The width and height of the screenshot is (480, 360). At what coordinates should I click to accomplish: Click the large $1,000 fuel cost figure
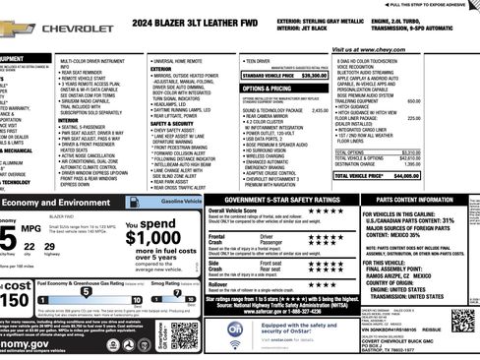pyautogui.click(x=153, y=237)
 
